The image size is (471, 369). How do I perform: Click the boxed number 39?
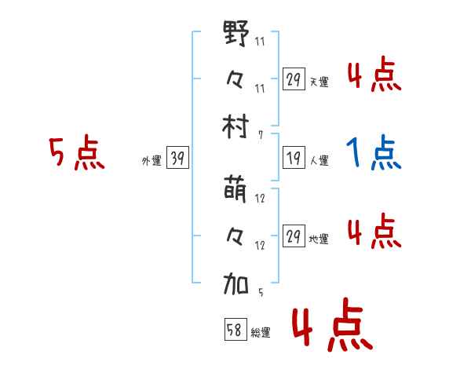(x=177, y=159)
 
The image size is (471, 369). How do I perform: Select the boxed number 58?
(x=235, y=330)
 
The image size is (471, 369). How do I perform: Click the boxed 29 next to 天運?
(x=293, y=79)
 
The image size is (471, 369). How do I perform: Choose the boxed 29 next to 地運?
(x=293, y=237)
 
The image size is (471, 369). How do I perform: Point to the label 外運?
(x=152, y=161)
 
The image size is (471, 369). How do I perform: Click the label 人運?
(x=319, y=161)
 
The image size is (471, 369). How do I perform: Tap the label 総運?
(x=261, y=332)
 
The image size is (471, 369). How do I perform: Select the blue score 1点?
(x=374, y=153)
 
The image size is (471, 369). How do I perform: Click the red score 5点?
(x=76, y=153)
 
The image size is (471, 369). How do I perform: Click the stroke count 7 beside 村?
(x=260, y=134)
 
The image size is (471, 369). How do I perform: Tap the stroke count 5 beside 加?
(x=260, y=293)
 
